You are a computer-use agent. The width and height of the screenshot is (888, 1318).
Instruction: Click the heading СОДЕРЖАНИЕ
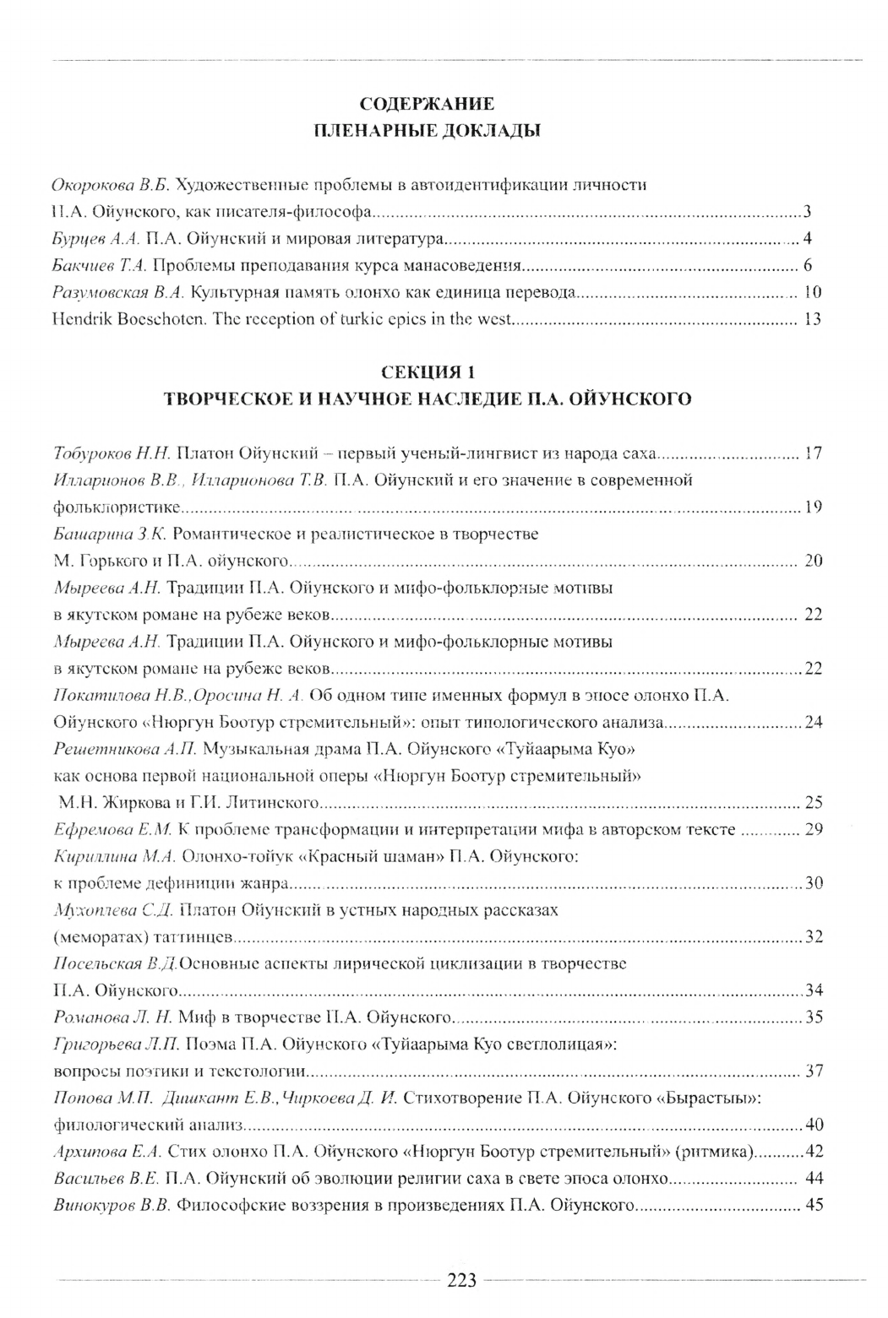[x=427, y=105]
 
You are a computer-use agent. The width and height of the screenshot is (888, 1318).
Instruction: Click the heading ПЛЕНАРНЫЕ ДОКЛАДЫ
[x=427, y=131]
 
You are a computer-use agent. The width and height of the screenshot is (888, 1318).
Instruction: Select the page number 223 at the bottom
[x=461, y=1280]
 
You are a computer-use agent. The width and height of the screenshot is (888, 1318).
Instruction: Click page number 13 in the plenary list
[x=813, y=320]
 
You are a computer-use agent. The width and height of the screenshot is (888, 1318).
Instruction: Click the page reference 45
[x=814, y=1205]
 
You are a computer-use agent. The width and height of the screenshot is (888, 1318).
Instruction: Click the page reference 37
[x=814, y=1071]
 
